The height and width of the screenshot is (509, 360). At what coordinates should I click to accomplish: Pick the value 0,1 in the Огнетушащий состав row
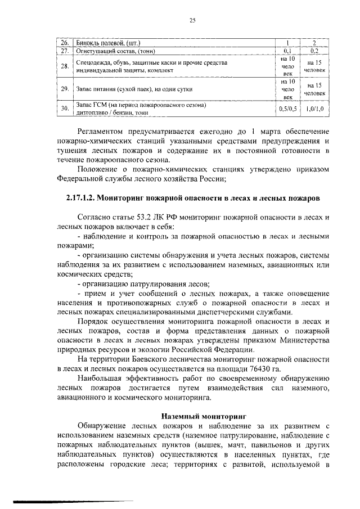tap(287, 50)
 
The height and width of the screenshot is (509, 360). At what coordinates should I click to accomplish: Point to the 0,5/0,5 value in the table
tap(287, 109)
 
